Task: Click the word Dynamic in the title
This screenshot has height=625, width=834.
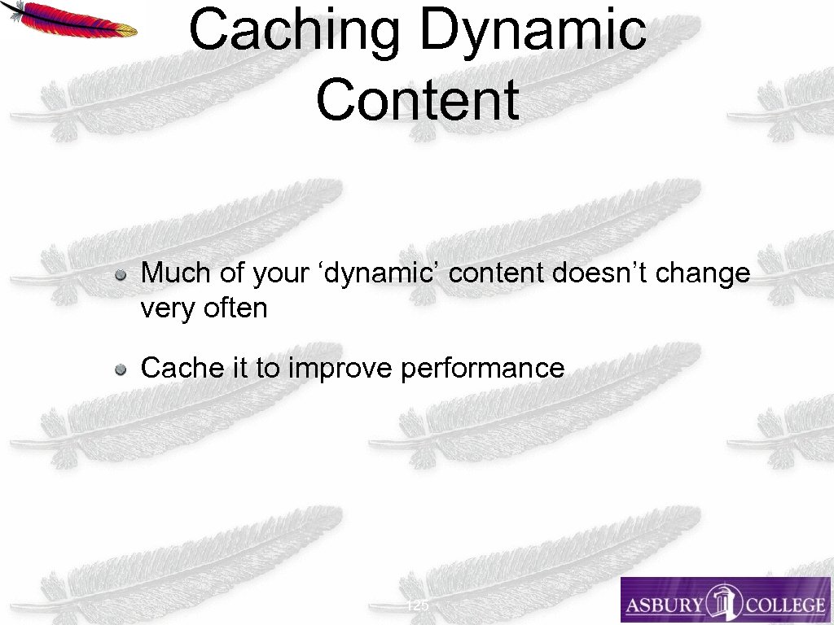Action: tap(533, 31)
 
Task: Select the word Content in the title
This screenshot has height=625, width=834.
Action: tap(417, 99)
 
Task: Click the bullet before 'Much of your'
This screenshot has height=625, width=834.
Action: tap(120, 275)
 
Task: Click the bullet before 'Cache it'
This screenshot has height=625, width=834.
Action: tap(120, 369)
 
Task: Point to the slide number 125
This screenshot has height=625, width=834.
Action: tap(417, 606)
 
